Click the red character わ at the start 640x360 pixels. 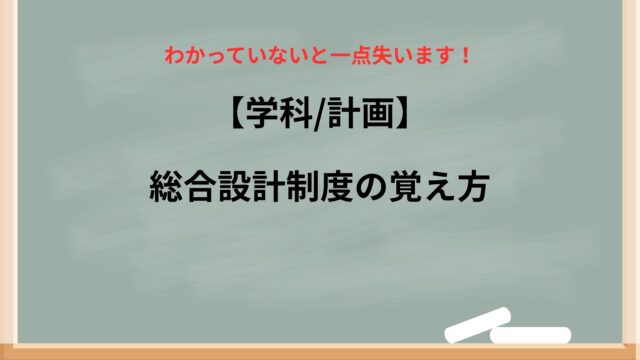(173, 56)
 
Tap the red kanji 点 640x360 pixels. (362, 56)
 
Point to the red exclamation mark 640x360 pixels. (464, 56)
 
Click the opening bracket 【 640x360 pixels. (236, 115)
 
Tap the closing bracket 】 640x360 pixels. (402, 115)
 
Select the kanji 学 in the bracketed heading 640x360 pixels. (261, 114)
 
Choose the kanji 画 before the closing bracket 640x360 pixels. (378, 114)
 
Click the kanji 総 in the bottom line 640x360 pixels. (166, 187)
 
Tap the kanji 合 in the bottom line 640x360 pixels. (200, 187)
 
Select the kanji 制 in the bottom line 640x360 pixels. (302, 187)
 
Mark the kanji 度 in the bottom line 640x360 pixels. (337, 187)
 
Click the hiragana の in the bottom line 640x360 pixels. (371, 187)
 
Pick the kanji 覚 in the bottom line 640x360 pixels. (405, 187)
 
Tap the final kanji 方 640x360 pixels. (473, 187)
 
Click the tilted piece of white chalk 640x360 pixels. (478, 324)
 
